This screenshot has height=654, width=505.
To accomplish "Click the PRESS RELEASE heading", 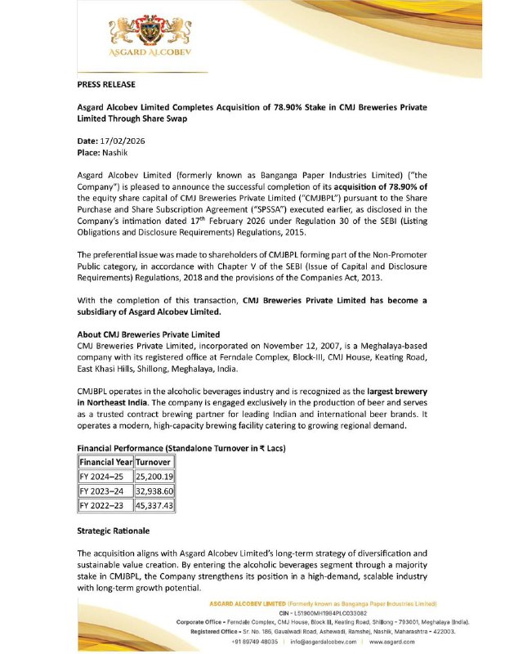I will click(106, 84).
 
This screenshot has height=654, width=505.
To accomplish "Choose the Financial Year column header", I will click(105, 462).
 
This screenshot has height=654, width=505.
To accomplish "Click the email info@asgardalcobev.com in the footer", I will click(323, 642).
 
